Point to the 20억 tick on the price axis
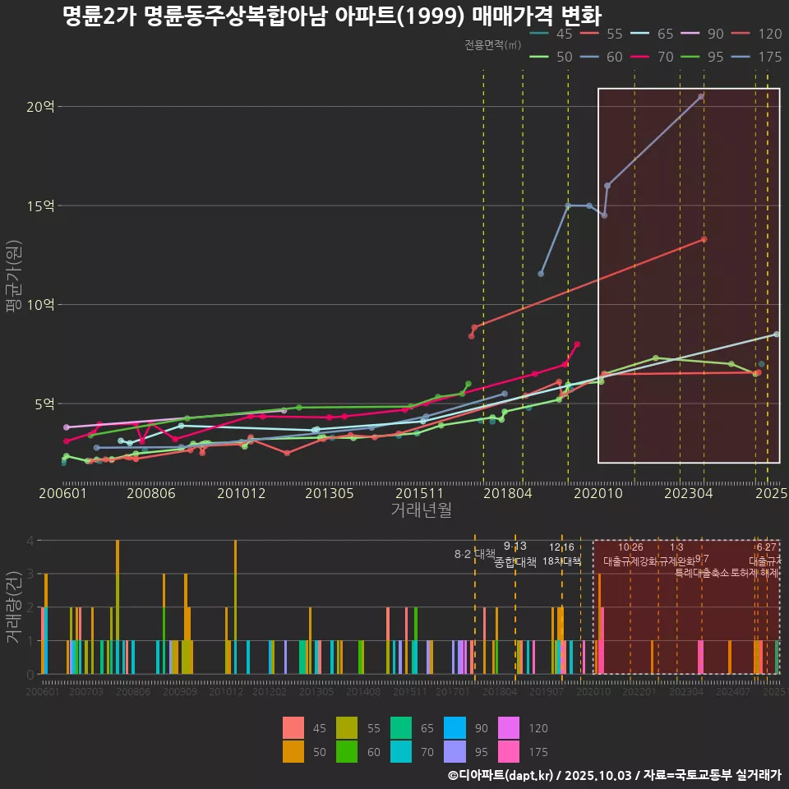[x=40, y=106]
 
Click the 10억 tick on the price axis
[x=40, y=305]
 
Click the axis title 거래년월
[x=421, y=510]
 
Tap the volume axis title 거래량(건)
[x=14, y=608]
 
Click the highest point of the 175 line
[x=701, y=96]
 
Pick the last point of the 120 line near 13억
[x=704, y=239]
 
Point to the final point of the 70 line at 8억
[x=577, y=344]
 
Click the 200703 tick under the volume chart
[x=86, y=693]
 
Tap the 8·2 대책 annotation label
[x=475, y=554]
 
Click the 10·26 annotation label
[x=630, y=547]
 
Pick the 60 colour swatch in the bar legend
[x=373, y=751]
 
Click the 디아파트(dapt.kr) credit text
[x=506, y=775]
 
